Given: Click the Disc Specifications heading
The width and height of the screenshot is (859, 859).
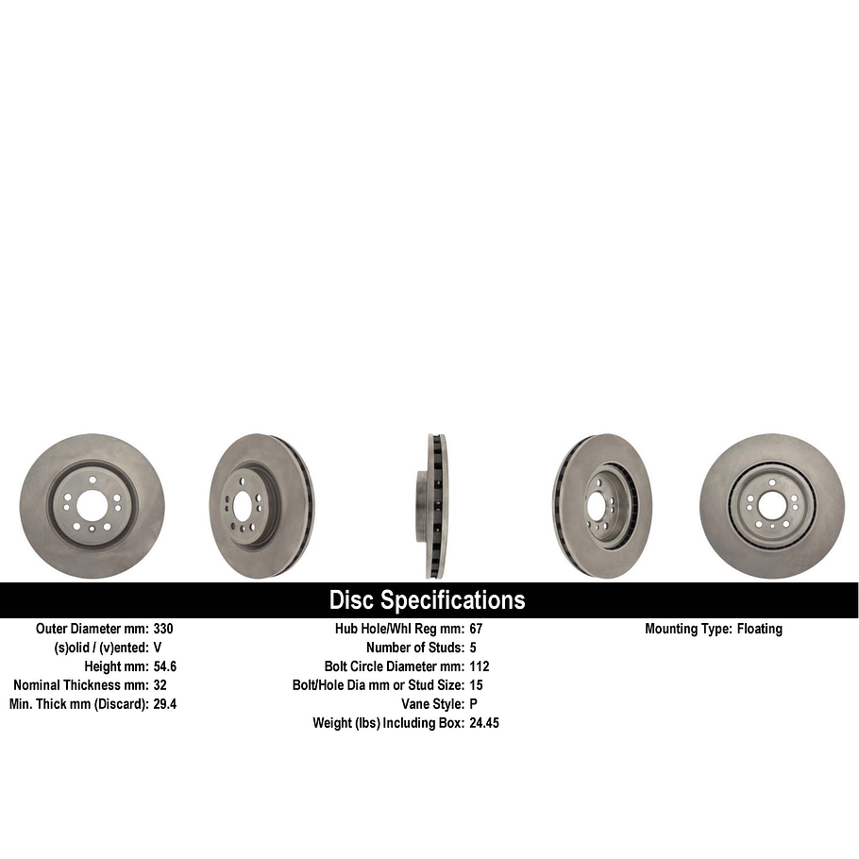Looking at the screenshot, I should [x=427, y=600].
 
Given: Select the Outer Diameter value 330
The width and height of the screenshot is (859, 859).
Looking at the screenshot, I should [x=163, y=629].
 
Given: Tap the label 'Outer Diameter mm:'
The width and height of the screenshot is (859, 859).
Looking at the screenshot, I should [x=93, y=629].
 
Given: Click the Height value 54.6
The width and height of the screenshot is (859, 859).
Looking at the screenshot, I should [x=165, y=666].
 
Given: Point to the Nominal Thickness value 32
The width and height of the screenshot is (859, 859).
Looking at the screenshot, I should [x=160, y=685].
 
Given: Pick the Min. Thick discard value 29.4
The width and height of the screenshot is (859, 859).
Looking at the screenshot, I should [x=165, y=704].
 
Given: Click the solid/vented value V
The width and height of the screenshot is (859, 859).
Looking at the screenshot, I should [x=158, y=648].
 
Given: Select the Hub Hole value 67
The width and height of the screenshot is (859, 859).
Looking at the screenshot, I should [x=476, y=629].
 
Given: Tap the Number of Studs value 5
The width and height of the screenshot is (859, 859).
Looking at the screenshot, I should [x=473, y=648].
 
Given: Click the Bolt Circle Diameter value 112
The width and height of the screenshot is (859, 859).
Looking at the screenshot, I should [x=479, y=666].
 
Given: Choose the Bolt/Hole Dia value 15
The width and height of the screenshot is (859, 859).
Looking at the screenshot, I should [x=476, y=685].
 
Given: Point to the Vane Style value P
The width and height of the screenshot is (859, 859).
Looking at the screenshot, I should [x=473, y=704].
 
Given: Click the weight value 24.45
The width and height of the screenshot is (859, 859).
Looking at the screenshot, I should [x=484, y=723].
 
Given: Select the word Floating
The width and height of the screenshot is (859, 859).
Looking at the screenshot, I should [x=760, y=629].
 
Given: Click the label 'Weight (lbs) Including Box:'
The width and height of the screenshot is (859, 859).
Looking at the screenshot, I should [x=388, y=723].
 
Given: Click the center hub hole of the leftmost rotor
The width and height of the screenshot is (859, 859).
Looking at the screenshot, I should [x=92, y=506].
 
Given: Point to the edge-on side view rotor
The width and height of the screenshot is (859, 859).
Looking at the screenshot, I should [x=432, y=506].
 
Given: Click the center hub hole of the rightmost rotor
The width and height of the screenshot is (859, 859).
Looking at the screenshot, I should [x=772, y=506].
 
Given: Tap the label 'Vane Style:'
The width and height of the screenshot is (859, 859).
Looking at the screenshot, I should [x=432, y=704].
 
